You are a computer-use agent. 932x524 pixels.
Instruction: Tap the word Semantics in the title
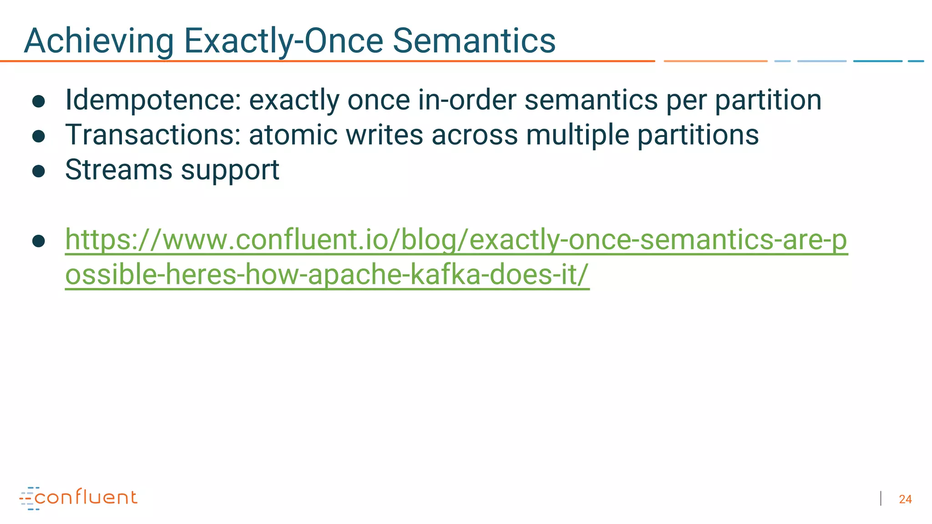[474, 41]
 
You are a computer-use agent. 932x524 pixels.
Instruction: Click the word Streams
[119, 170]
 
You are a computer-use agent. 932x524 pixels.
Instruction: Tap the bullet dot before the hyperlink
[39, 241]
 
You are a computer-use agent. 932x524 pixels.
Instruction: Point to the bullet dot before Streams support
[39, 171]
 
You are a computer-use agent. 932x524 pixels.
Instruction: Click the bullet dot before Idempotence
[39, 101]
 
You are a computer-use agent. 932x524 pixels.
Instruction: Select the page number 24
[905, 499]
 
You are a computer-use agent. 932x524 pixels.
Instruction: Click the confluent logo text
[86, 498]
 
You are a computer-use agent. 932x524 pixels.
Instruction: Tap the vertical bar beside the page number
[881, 499]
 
